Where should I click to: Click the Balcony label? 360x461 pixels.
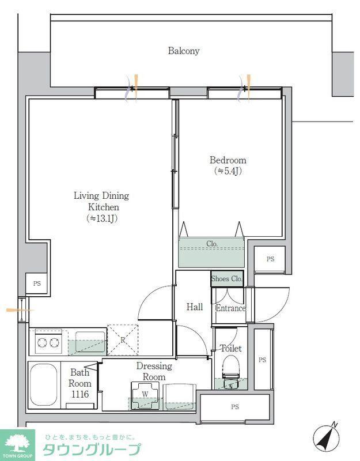tap(184, 51)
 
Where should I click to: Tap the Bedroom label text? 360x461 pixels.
tap(228, 160)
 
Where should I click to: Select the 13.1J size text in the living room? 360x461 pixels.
tap(102, 218)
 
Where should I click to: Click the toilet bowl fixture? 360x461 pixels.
tap(231, 372)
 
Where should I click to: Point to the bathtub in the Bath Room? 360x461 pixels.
tap(44, 385)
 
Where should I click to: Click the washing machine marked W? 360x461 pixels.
tap(145, 395)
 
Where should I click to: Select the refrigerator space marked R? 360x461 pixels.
tap(123, 339)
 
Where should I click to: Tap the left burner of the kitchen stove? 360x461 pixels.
tap(41, 342)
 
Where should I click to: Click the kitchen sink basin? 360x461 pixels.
tap(91, 341)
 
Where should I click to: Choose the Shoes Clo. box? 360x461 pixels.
tap(227, 278)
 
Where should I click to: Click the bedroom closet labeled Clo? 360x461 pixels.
tap(211, 252)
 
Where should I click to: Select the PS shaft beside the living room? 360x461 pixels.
tap(36, 284)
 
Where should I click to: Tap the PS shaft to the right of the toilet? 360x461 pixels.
tap(263, 360)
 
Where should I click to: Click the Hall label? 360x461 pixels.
tap(195, 307)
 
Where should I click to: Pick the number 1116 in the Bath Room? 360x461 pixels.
tap(80, 394)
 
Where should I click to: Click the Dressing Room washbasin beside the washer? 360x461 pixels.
tap(180, 396)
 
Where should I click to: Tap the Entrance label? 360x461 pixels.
tap(230, 308)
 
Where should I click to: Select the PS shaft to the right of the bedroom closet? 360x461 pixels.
tap(270, 259)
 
